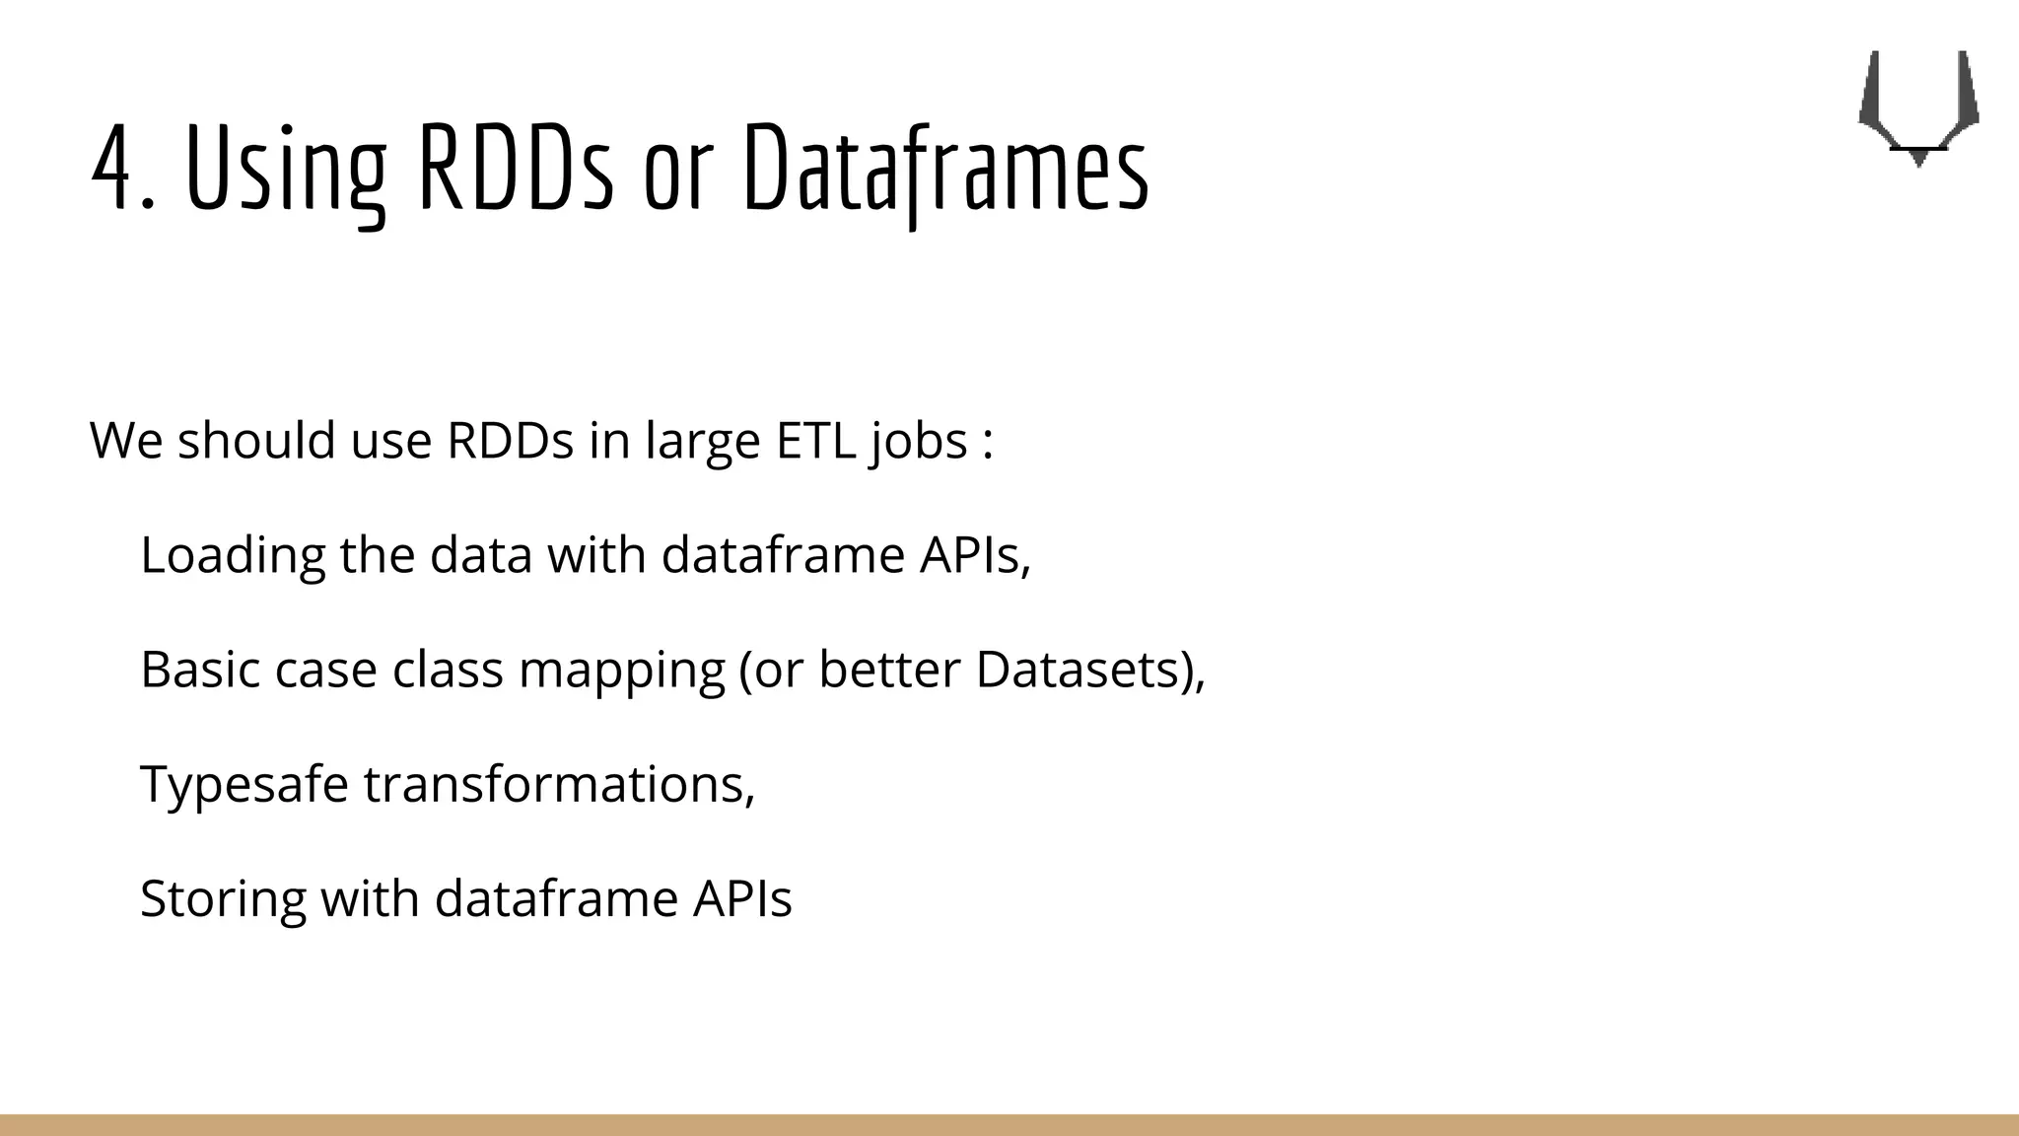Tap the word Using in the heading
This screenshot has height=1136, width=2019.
(285, 170)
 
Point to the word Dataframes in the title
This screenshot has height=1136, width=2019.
(945, 170)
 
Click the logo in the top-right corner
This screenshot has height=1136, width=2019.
(1917, 107)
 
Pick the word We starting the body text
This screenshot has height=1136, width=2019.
(126, 440)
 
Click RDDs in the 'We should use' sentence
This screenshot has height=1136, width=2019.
(510, 440)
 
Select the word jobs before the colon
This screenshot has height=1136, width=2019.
(919, 442)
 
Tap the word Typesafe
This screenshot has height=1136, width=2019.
(244, 786)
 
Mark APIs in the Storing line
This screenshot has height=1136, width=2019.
(741, 899)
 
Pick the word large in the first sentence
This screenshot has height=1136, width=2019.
(702, 442)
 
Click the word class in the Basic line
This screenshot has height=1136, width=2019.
(448, 670)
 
